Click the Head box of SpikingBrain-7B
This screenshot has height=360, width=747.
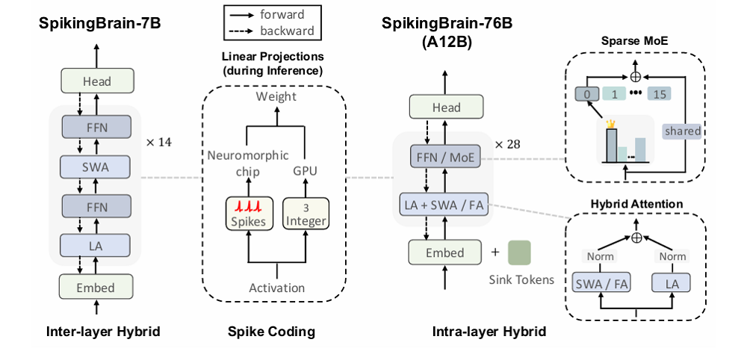pyautogui.click(x=96, y=81)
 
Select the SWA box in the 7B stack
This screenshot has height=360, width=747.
pyautogui.click(x=96, y=167)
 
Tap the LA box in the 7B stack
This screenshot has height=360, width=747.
pyautogui.click(x=96, y=245)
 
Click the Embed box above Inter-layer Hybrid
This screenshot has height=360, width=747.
pyautogui.click(x=96, y=288)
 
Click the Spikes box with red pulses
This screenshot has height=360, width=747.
pyautogui.click(x=246, y=215)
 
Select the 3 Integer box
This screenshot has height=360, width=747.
pyautogui.click(x=306, y=215)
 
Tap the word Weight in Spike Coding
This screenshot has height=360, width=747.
pyautogui.click(x=276, y=97)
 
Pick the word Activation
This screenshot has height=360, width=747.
pyautogui.click(x=276, y=288)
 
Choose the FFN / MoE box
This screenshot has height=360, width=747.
pyautogui.click(x=447, y=157)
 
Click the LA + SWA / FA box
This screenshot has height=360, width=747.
pyautogui.click(x=447, y=205)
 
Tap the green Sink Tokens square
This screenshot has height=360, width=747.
pyautogui.click(x=521, y=252)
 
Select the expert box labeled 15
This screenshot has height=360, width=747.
pyautogui.click(x=660, y=95)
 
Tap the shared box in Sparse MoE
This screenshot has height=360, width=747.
pyautogui.click(x=682, y=131)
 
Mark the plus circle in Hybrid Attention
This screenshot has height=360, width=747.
pyautogui.click(x=636, y=238)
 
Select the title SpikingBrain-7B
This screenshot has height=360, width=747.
pyautogui.click(x=100, y=23)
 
